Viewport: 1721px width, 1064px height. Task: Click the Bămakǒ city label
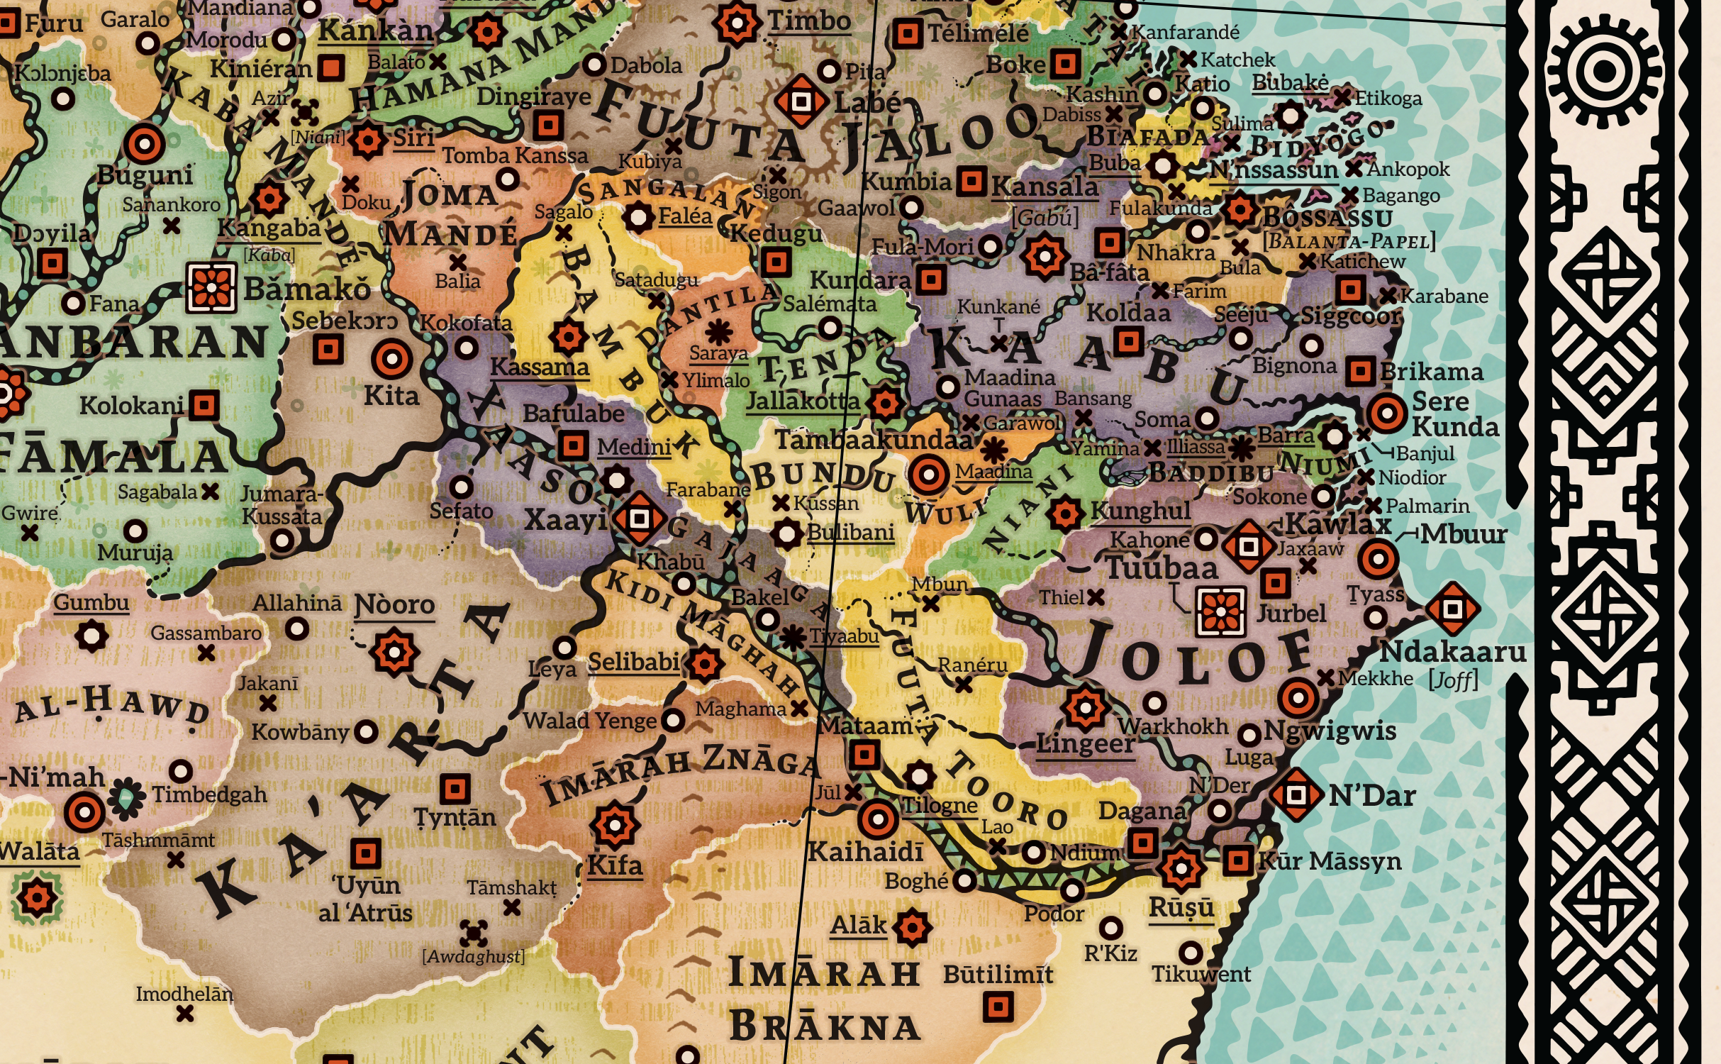(306, 289)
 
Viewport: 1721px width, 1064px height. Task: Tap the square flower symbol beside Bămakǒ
(211, 288)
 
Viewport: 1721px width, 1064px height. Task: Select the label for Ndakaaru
(1453, 652)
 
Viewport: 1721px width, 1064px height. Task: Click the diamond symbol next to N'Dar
(1296, 794)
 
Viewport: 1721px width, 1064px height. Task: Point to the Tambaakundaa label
(873, 440)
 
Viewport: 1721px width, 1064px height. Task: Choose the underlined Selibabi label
(634, 663)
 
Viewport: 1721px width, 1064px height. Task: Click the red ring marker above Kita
(391, 359)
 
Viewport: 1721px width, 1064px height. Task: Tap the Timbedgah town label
(210, 794)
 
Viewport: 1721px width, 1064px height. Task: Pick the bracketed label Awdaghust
(474, 956)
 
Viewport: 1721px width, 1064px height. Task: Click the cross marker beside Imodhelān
(185, 1014)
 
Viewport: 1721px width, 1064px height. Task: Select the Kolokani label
(131, 406)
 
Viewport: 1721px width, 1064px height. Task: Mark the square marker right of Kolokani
(204, 405)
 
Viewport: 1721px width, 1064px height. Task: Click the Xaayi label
(565, 520)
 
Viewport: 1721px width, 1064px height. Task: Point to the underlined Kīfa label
(615, 865)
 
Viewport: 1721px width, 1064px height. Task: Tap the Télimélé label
(978, 33)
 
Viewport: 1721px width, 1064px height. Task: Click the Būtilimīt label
(998, 975)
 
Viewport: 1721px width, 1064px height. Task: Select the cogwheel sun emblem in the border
(1605, 71)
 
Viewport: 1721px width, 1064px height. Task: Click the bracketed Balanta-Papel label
(1349, 241)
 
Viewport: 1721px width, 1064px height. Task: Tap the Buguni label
(145, 174)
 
